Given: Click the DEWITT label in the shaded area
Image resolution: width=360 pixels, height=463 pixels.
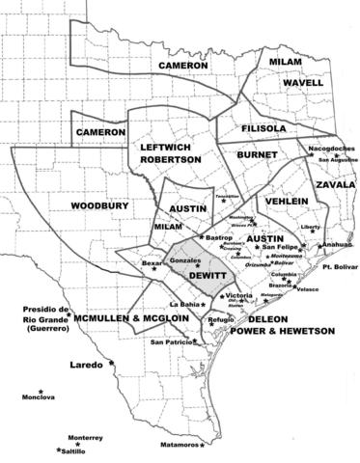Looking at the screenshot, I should (208, 274).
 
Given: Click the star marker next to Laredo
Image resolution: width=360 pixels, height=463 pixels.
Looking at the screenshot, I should (111, 363).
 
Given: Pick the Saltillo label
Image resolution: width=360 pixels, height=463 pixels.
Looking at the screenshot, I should (76, 450).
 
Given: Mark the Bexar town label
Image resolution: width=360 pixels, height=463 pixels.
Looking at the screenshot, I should (148, 261).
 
